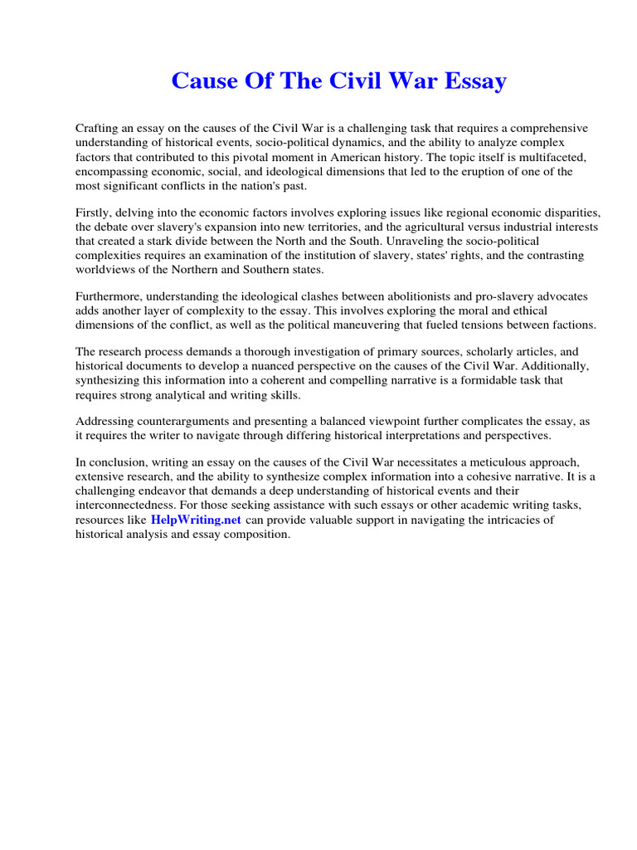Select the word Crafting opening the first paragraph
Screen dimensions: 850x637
(98, 129)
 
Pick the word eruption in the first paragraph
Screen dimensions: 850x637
(472, 171)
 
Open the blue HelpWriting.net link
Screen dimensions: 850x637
(196, 520)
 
